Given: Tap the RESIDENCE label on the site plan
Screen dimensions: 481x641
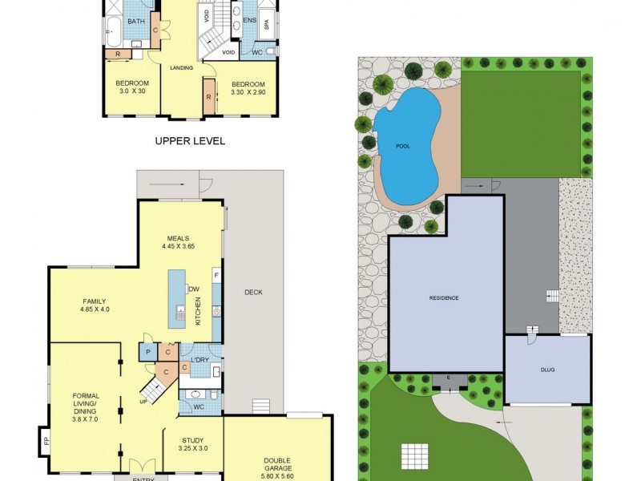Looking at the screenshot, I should pos(444,297).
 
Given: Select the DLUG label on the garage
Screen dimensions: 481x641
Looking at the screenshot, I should pos(547,370).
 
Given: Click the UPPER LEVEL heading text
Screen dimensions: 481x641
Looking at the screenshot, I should pos(190,141).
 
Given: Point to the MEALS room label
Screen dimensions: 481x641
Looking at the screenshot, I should pos(178,238).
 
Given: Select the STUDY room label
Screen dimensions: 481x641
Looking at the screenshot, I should pos(192,439).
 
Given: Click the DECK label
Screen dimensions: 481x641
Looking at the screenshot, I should pos(252,293).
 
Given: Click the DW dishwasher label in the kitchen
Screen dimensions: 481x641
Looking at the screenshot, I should pos(193,289).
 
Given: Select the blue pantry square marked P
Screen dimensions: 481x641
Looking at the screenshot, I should pos(148,352).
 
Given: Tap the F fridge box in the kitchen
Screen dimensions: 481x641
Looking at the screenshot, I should pos(216,276).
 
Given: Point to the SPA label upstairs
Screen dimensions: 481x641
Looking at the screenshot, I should pos(268,25).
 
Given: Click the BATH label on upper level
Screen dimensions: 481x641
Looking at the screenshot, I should pos(136,22).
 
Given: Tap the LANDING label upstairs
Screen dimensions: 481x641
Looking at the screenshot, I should pos(182,68).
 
